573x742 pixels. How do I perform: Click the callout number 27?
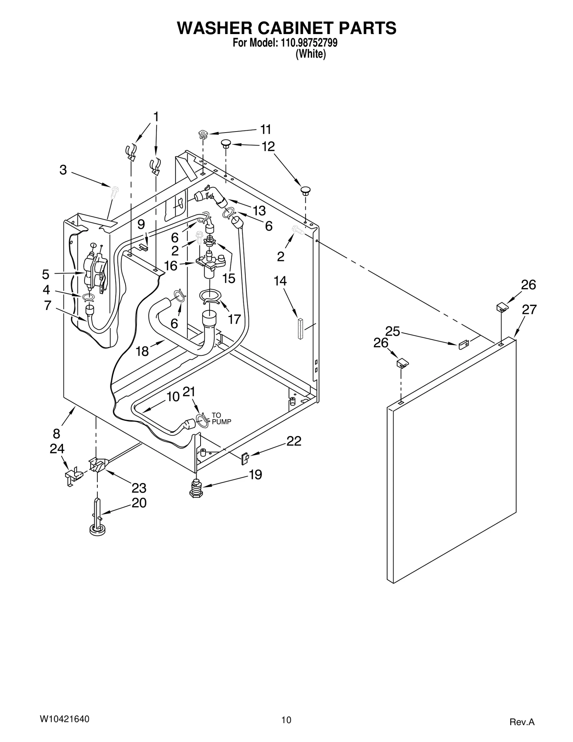[x=529, y=310]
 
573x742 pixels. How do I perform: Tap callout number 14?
[x=280, y=281]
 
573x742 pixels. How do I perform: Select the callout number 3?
[x=63, y=170]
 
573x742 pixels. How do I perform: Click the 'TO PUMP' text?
[x=221, y=418]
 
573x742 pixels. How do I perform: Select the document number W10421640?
[x=64, y=716]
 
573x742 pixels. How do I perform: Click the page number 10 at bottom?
[x=286, y=717]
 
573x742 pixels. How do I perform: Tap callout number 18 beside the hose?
[x=142, y=351]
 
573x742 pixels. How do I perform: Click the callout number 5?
[x=45, y=274]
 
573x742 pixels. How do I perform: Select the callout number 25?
[x=393, y=331]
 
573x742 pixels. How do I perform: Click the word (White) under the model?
[x=310, y=54]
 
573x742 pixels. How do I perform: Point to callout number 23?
[x=139, y=488]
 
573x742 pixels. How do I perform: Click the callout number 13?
[x=259, y=211]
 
